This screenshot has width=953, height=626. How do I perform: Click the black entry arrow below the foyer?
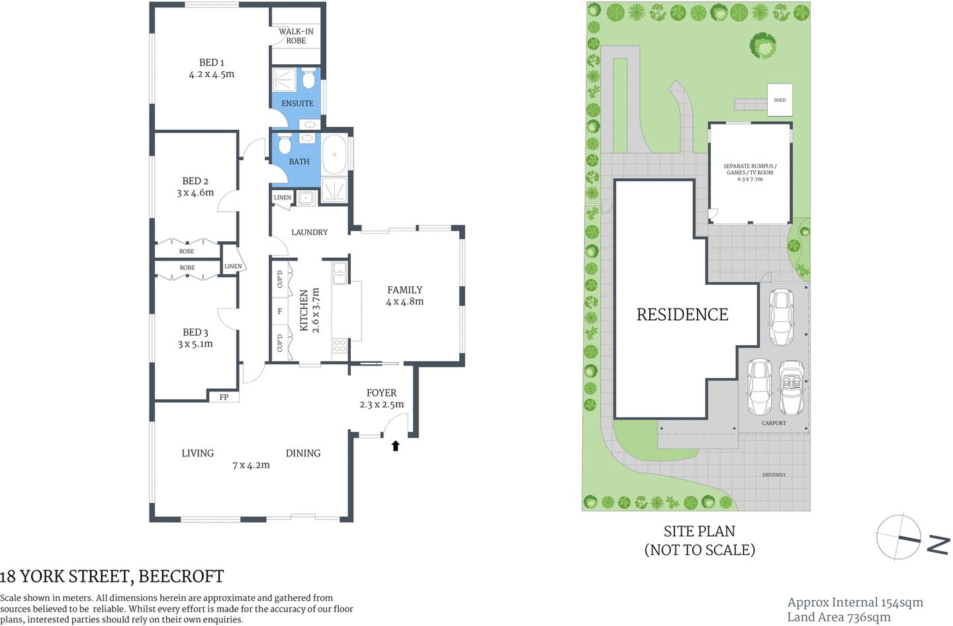pos(396,446)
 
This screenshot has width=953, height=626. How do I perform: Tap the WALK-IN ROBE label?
pos(296,36)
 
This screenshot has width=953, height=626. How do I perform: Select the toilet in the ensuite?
pos(308,79)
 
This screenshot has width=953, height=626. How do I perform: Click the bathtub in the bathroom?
pos(334,155)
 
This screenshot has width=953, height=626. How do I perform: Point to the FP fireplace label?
pos(224,397)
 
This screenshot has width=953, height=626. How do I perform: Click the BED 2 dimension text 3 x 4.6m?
pos(195,193)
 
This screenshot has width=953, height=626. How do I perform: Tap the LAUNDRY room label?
pos(309,233)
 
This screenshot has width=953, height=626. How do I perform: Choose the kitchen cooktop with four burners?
pos(340,345)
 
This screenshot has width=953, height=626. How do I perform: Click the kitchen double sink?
pos(340,273)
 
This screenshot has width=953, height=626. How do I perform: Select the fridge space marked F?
pos(280,311)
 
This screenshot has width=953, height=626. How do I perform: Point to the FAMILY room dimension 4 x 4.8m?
pos(404,301)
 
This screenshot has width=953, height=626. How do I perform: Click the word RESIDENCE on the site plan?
pos(682,315)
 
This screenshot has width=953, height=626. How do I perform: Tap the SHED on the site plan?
pos(780,100)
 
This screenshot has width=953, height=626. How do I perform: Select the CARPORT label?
pos(774,423)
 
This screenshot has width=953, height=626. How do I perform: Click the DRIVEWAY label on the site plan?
pos(774,475)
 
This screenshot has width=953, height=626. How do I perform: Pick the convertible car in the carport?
pos(790,387)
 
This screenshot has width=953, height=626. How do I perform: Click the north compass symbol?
pos(899,537)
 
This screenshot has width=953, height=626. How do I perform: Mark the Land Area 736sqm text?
pos(839,617)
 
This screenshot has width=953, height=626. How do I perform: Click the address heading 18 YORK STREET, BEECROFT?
pos(112,576)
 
